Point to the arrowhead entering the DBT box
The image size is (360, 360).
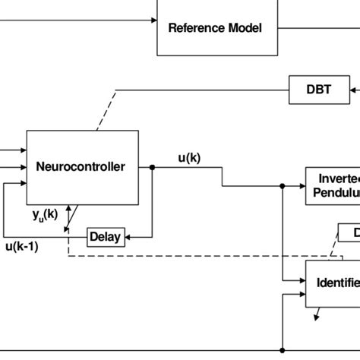[x=352, y=90]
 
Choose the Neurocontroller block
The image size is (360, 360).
[x=82, y=167]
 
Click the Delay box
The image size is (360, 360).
[x=105, y=238]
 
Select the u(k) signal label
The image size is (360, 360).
[x=189, y=158]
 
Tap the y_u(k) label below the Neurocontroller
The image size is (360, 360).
[x=45, y=215]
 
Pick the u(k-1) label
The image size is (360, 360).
[x=22, y=245]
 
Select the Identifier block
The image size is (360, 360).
[x=333, y=283]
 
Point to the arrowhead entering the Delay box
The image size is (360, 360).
[x=127, y=238]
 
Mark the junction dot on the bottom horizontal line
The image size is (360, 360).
[x=283, y=350]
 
